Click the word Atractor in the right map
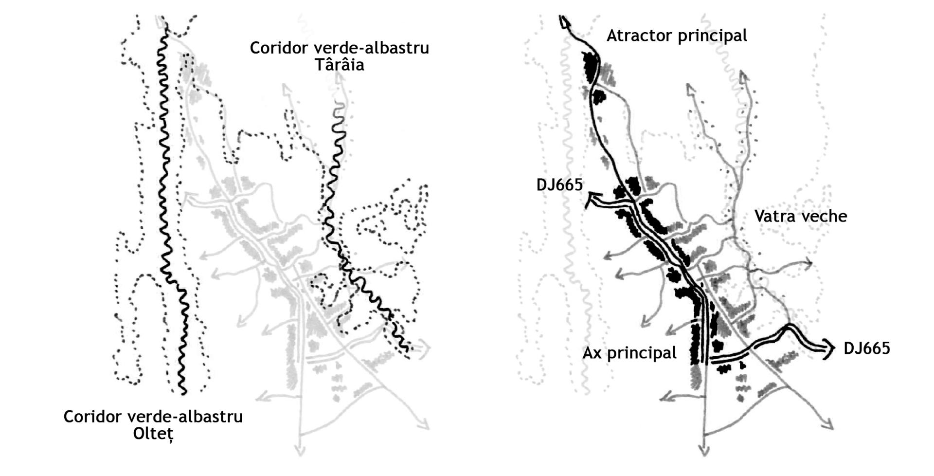[x=638, y=36]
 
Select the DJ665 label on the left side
[x=559, y=185]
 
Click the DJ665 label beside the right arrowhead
[x=866, y=348]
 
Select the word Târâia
[x=339, y=65]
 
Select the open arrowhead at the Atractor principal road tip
[x=564, y=22]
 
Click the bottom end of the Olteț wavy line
[x=183, y=392]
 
